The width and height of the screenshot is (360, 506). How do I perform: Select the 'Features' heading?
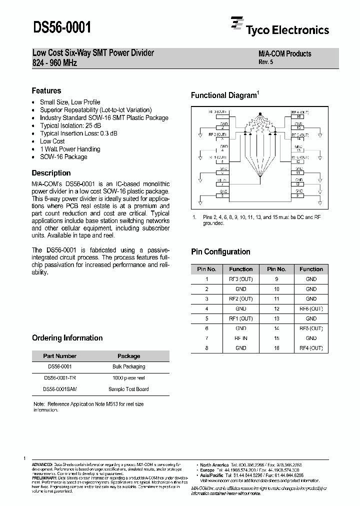(46, 90)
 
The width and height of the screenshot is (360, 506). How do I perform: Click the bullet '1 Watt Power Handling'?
(70, 149)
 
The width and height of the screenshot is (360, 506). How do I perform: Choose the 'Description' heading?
(51, 173)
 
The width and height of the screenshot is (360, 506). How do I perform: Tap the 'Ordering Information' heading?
(67, 338)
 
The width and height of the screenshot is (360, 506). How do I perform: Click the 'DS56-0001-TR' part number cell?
(60, 378)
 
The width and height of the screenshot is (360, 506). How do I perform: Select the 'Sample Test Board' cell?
(128, 389)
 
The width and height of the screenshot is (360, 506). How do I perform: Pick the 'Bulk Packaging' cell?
(128, 367)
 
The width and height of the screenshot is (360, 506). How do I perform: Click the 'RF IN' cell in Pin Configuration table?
(241, 338)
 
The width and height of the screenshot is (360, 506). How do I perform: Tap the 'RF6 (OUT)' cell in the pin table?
(311, 309)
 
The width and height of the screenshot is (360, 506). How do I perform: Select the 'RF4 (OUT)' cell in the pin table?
(311, 348)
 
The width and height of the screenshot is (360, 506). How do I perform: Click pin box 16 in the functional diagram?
(298, 116)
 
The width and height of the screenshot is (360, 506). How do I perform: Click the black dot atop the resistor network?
(259, 114)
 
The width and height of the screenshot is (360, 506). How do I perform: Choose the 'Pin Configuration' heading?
(220, 251)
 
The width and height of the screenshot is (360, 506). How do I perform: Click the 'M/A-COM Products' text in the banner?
(284, 54)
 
